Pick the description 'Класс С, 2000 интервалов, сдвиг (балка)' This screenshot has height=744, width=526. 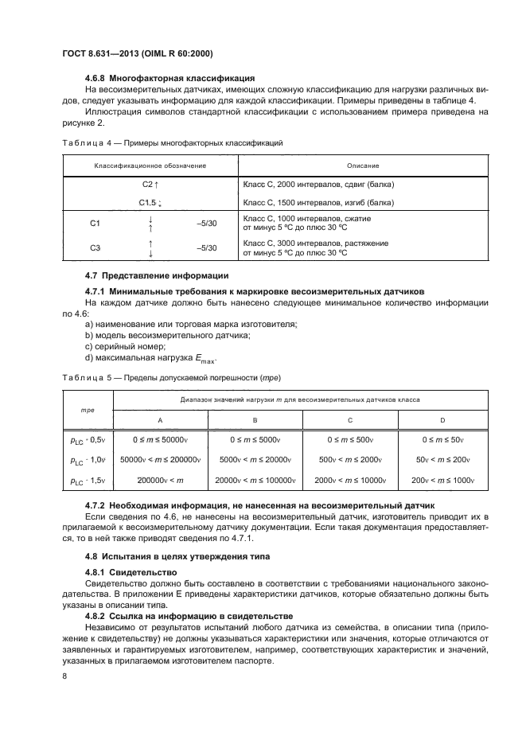click(318, 185)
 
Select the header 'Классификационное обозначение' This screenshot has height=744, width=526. click(150, 165)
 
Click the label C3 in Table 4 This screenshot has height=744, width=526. click(95, 248)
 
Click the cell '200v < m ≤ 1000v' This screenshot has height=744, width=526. click(442, 481)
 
